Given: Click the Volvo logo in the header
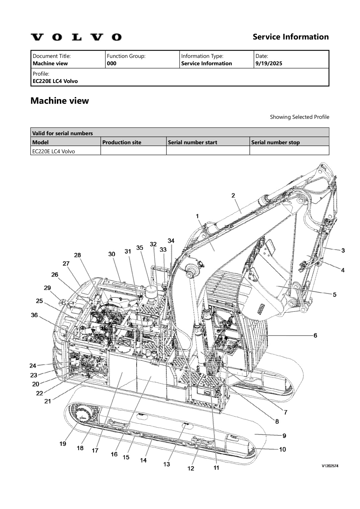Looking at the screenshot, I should tap(76, 37).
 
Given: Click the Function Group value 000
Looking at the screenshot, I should tap(112, 63).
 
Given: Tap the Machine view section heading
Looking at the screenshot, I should tap(60, 101).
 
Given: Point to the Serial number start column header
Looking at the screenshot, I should tap(192, 142).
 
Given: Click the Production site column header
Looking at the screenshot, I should tap(122, 142).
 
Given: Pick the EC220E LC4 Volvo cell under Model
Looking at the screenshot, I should tap(54, 151).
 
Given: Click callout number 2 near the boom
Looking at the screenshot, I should tap(233, 195).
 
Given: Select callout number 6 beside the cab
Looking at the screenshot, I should tap(315, 335).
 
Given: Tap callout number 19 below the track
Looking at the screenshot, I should tap(63, 444).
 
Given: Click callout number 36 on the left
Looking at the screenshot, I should tap(34, 315).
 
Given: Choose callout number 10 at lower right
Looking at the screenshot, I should tap(282, 449).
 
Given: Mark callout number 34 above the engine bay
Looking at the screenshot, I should tap(171, 241).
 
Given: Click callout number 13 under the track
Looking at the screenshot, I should tap(166, 464).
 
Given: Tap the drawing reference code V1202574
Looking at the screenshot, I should tap(330, 466).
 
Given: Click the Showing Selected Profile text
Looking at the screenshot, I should tap(299, 117).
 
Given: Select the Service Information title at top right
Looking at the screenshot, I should tap(290, 37).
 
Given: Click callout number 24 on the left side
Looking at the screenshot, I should tap(33, 365).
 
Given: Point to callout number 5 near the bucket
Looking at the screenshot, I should tap(335, 294).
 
